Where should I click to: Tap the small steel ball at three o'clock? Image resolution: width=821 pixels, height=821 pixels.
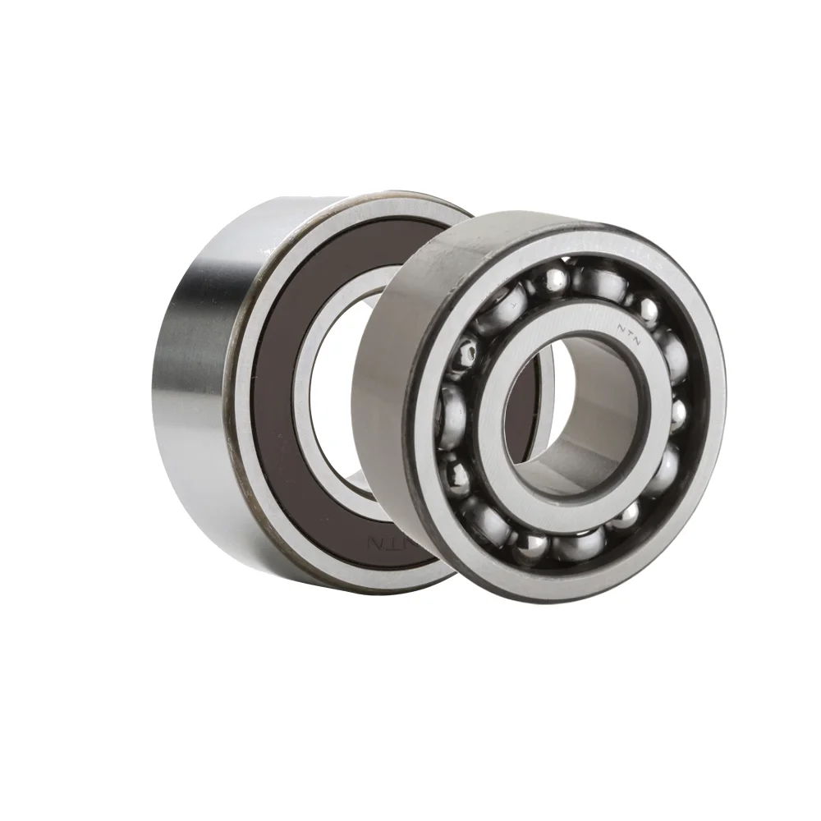pos(680,408)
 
